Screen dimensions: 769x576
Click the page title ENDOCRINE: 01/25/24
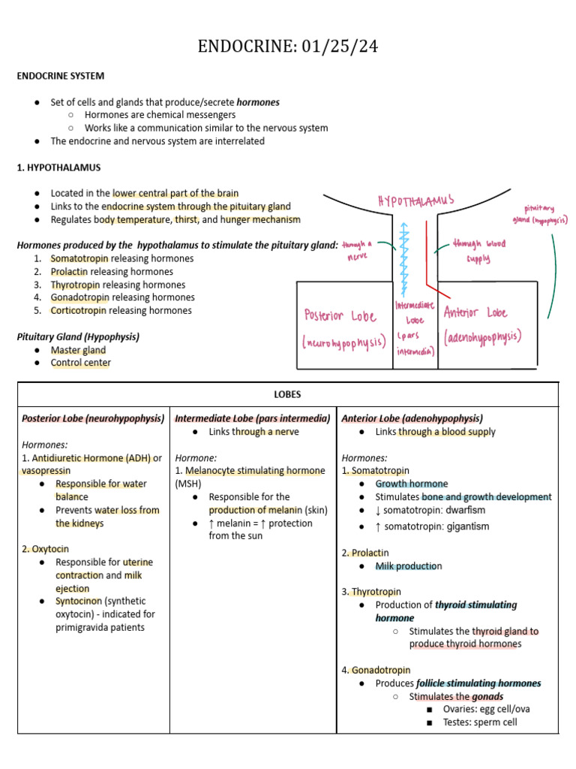click(288, 47)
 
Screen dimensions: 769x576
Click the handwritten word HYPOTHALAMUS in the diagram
click(416, 201)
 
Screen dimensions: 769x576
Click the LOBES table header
click(288, 394)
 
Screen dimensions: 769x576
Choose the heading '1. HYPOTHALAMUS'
click(58, 167)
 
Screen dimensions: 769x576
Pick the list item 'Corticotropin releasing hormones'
click(121, 310)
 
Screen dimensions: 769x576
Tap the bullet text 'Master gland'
click(78, 350)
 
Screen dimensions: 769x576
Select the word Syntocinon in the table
click(79, 601)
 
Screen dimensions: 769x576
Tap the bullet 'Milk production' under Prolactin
click(409, 566)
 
